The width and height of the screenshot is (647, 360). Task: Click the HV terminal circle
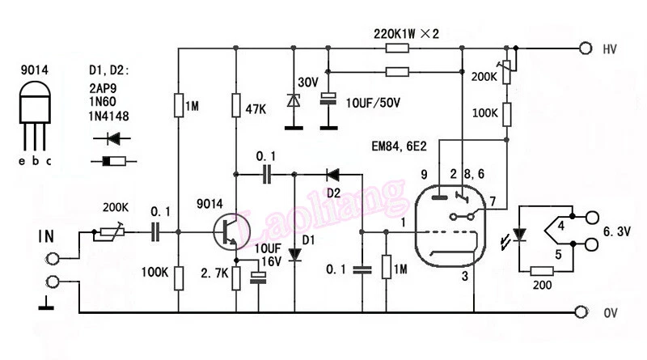pos(584,49)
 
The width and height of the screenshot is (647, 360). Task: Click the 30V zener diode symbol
pos(292,101)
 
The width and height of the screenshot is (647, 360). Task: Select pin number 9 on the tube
pos(423,173)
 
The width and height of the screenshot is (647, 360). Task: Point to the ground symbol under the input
pos(49,305)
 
